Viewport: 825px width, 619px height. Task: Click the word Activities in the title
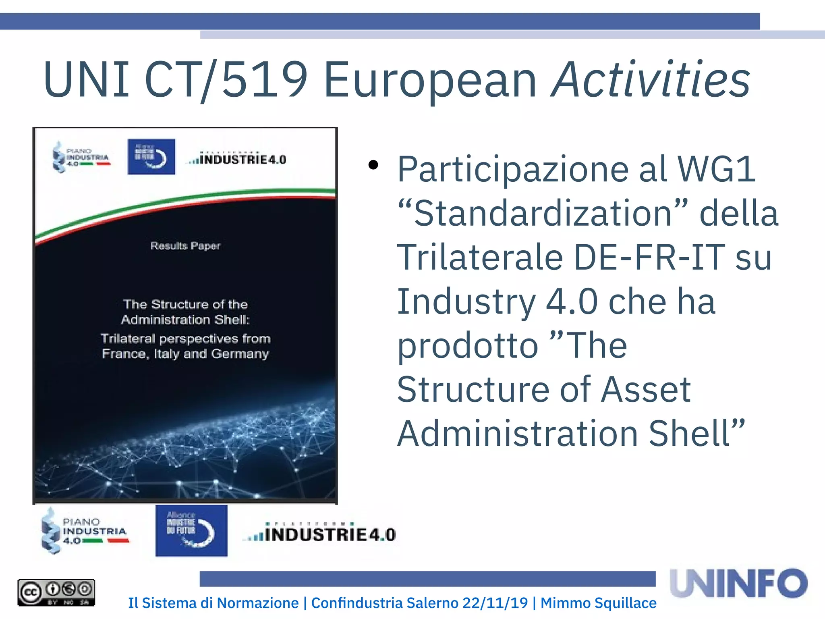point(651,79)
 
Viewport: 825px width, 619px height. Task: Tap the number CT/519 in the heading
point(226,79)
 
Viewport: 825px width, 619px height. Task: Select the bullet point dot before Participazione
point(373,165)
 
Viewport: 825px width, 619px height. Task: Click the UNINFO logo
point(739,583)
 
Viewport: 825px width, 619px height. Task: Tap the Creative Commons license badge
point(56,592)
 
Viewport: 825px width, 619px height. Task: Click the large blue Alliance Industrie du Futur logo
point(191,531)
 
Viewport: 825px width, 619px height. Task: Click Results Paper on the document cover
point(185,246)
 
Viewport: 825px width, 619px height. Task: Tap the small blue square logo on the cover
point(151,157)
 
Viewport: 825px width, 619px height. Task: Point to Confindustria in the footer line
point(357,603)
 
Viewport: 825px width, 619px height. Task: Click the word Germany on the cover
point(240,354)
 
